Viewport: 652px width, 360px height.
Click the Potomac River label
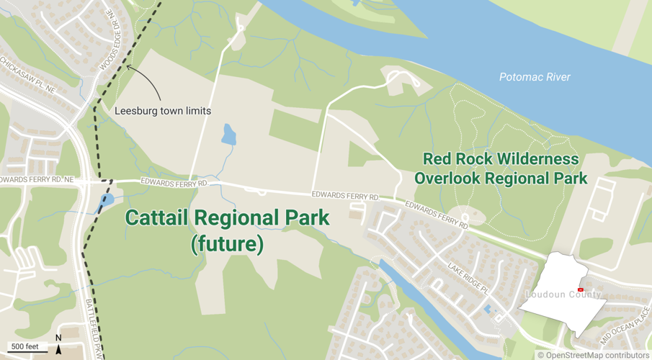coord(535,77)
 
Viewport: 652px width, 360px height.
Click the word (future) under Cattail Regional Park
coord(227,244)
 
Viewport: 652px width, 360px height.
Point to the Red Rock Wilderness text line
coord(501,159)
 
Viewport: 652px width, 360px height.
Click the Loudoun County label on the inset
coord(563,294)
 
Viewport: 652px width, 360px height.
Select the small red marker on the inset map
coord(581,289)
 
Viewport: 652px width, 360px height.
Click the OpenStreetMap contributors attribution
coord(593,354)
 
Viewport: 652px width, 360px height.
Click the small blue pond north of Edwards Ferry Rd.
coord(228,134)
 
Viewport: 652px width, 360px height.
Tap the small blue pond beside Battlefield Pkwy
coord(107,199)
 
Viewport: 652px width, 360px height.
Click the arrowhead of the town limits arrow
coord(128,68)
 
